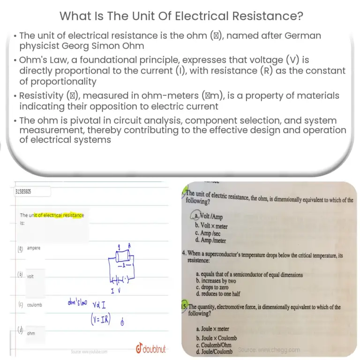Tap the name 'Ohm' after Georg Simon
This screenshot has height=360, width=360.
(131, 46)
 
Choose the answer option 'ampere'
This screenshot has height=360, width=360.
(34, 247)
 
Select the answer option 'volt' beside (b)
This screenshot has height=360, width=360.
(30, 277)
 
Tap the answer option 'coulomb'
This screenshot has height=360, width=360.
(35, 305)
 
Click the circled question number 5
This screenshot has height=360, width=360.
(185, 307)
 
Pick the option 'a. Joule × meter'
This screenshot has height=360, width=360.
(214, 329)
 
